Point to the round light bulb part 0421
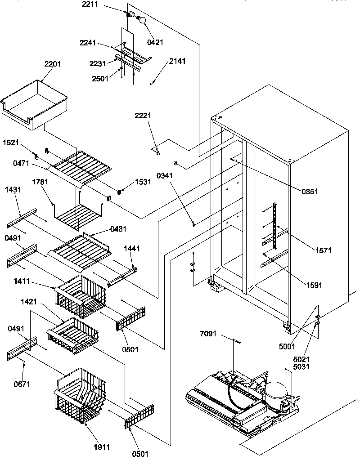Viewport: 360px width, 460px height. click(142, 20)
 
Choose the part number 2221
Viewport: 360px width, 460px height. click(143, 116)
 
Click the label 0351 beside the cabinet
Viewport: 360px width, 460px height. click(310, 191)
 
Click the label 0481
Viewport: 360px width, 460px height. click(119, 228)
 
